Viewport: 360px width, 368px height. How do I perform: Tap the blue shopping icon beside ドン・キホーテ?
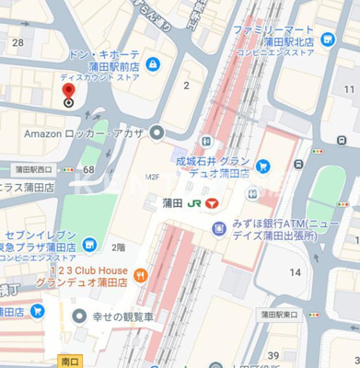[152, 63]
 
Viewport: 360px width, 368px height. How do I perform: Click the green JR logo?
[195, 202]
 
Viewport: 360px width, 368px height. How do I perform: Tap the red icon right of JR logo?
[214, 202]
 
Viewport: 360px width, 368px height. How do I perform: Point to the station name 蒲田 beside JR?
[171, 202]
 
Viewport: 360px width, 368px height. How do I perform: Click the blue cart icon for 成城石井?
[263, 167]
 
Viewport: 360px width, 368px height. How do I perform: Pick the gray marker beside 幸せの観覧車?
[79, 316]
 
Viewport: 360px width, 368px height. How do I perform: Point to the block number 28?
[17, 42]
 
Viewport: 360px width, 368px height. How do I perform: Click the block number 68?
[88, 169]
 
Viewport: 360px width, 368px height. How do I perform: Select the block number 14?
[296, 272]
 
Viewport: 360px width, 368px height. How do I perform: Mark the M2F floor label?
[153, 177]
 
